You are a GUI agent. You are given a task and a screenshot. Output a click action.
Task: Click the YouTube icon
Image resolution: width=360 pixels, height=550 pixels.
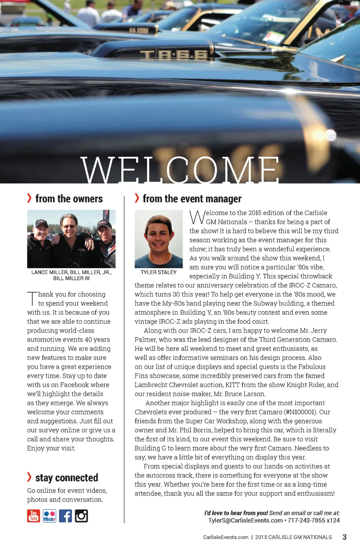(33, 516)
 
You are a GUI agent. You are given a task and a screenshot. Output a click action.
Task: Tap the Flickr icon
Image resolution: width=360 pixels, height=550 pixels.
(49, 516)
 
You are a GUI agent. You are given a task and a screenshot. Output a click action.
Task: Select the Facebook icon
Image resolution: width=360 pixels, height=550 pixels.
(65, 516)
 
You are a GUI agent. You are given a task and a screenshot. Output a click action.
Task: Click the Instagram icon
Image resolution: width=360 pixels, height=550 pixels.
(81, 516)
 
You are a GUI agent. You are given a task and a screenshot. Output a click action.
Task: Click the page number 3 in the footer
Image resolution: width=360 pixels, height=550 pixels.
(344, 537)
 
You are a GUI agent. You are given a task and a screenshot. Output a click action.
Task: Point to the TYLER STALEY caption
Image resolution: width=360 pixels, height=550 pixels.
(159, 272)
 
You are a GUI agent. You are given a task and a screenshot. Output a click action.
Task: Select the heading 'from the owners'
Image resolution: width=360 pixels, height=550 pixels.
(69, 199)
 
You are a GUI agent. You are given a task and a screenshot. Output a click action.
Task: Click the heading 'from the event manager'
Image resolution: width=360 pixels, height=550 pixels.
(192, 199)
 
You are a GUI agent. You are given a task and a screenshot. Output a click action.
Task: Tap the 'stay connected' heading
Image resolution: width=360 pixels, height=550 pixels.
(66, 478)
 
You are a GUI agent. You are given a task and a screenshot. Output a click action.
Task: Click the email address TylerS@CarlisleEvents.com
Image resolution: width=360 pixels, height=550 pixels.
(245, 520)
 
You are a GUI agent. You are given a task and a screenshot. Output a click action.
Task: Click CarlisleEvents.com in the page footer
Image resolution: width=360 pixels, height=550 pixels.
(226, 537)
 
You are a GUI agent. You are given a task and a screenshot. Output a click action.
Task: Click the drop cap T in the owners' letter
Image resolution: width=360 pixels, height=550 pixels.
(32, 298)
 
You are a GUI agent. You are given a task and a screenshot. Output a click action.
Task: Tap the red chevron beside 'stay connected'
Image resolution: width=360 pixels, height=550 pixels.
(29, 477)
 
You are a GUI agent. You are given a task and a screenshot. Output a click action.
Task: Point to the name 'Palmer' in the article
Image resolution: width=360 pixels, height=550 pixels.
(146, 339)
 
